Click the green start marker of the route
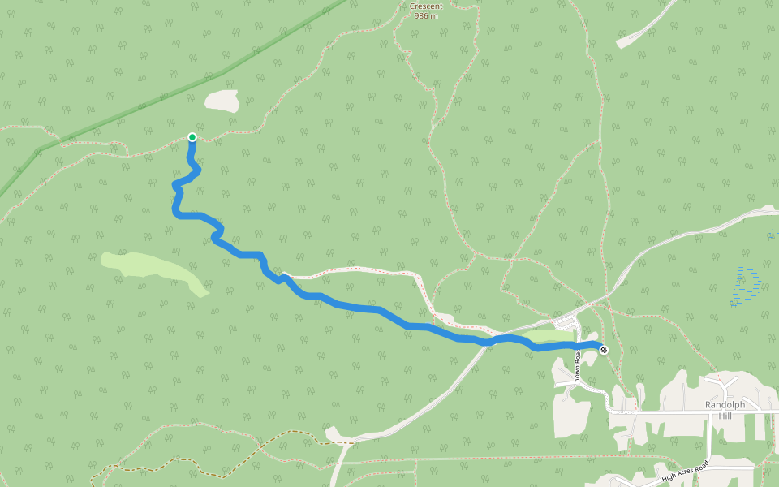[x=192, y=137]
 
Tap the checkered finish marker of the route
[x=604, y=349]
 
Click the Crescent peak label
[x=425, y=6]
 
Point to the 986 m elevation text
[x=425, y=15]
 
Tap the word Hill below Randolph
[x=725, y=416]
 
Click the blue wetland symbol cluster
[x=747, y=284]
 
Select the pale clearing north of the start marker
[x=222, y=101]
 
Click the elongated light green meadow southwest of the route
[x=154, y=272]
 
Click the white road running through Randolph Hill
[x=682, y=413]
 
